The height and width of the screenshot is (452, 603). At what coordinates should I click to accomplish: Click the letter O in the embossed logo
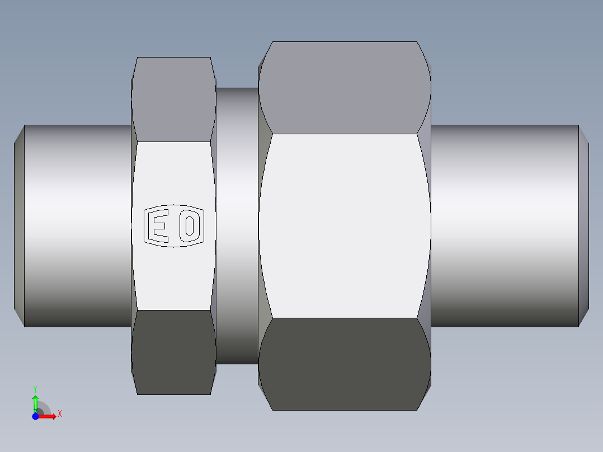pyautogui.click(x=190, y=226)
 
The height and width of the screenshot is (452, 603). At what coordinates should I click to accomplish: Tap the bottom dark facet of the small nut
pyautogui.click(x=173, y=352)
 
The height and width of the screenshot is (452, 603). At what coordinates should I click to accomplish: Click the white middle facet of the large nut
pyautogui.click(x=344, y=225)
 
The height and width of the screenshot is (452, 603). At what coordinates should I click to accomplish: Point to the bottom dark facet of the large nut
pyautogui.click(x=344, y=364)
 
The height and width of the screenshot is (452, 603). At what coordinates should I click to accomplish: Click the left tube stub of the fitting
pyautogui.click(x=78, y=225)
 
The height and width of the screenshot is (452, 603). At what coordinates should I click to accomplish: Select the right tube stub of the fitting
pyautogui.click(x=503, y=225)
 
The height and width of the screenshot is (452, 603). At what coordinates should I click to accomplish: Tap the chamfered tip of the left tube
pyautogui.click(x=19, y=225)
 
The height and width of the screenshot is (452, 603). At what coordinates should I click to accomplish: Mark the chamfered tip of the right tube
pyautogui.click(x=584, y=225)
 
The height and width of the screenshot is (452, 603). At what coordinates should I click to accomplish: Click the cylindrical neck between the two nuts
pyautogui.click(x=237, y=225)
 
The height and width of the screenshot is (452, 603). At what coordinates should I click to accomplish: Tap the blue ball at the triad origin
pyautogui.click(x=35, y=416)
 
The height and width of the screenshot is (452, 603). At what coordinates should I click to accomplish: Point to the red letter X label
pyautogui.click(x=60, y=414)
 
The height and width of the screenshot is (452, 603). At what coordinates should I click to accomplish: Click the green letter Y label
pyautogui.click(x=35, y=388)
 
